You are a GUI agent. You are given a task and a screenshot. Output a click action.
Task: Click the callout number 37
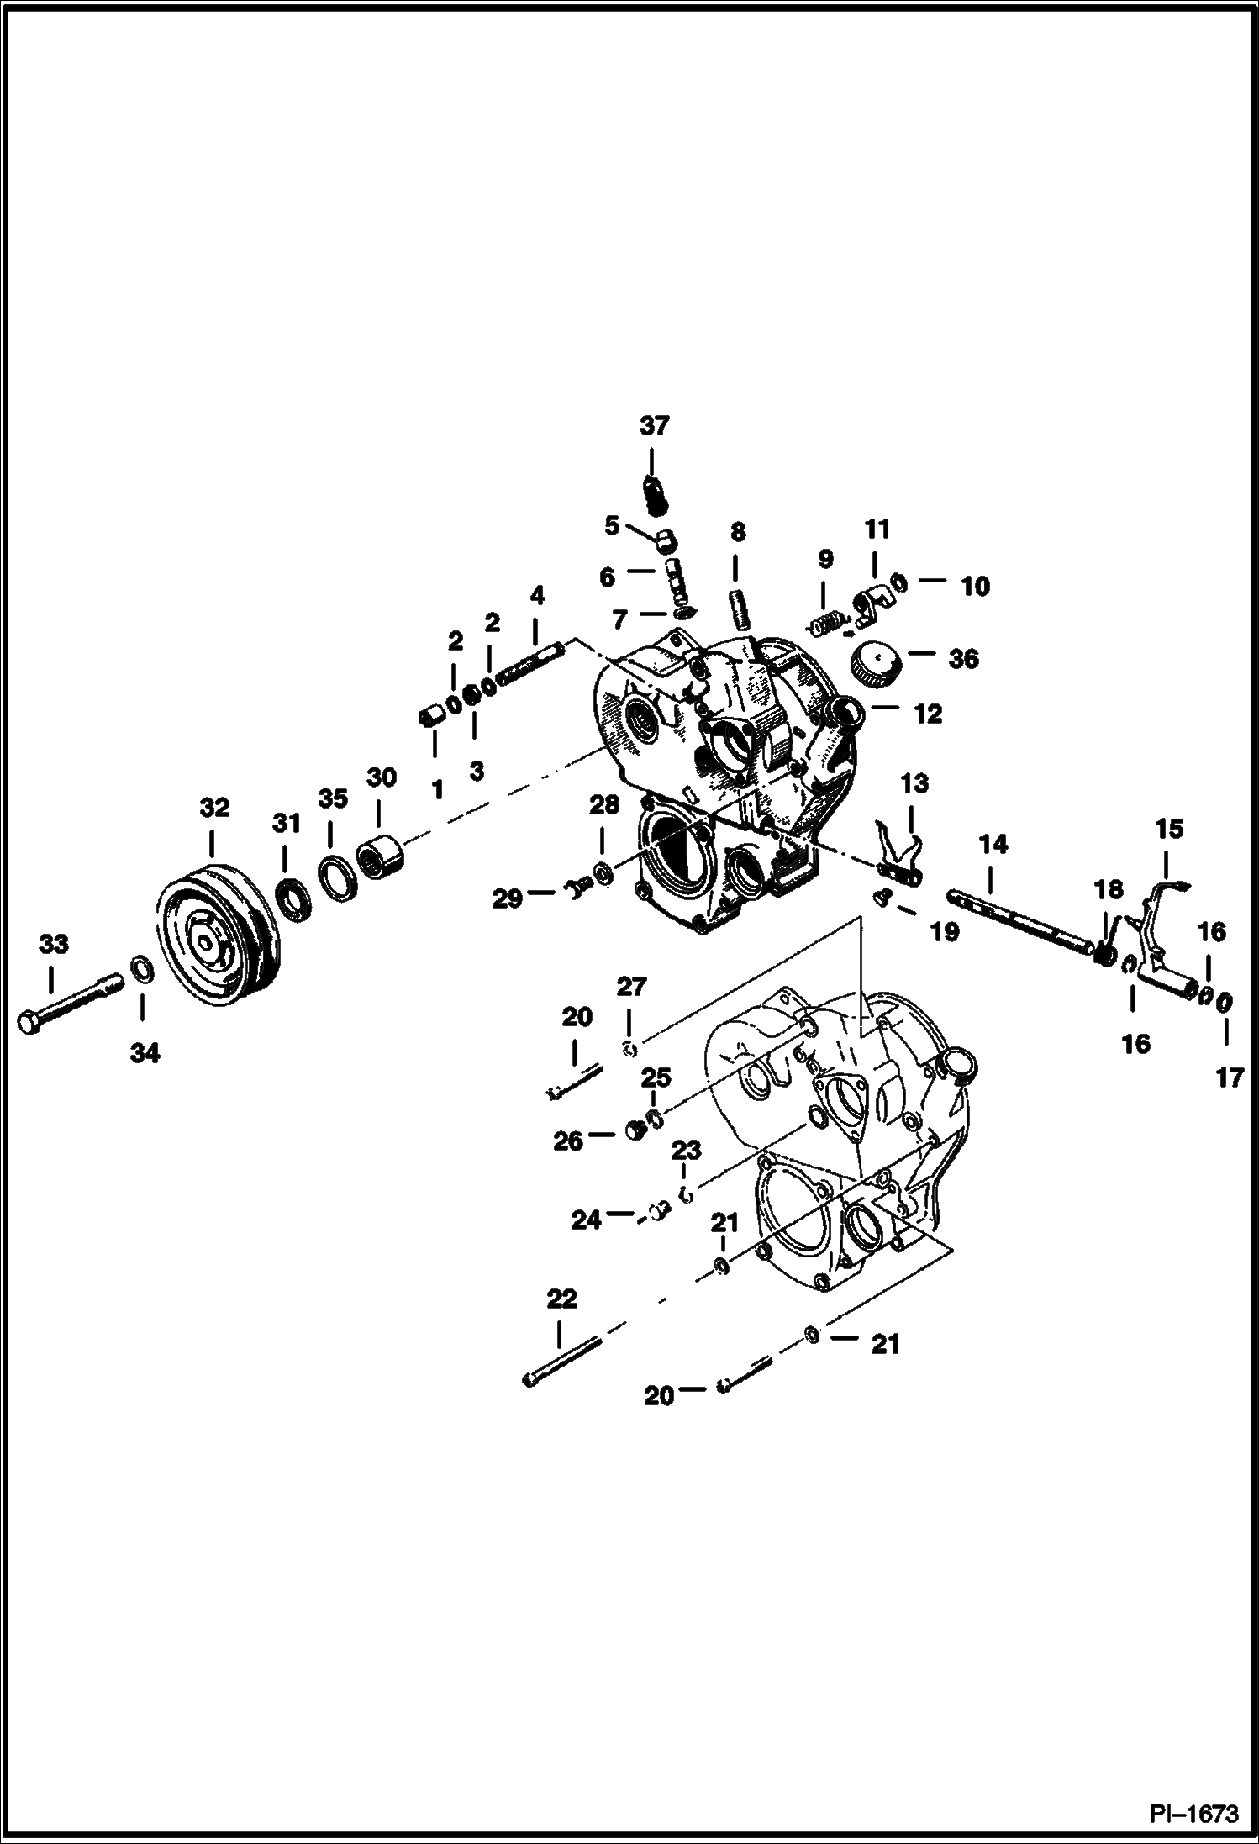654,426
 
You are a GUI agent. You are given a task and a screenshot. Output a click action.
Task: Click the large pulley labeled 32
215,933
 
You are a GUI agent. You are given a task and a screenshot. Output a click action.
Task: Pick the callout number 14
993,844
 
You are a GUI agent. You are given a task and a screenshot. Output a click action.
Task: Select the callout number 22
561,1299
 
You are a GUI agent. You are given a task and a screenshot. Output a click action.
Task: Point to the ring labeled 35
337,879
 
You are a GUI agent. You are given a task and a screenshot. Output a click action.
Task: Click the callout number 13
914,783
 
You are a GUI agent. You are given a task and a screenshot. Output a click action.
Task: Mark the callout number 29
507,898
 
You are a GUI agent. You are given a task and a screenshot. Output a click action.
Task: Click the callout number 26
568,1141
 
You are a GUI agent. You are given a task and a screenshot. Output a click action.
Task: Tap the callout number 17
1229,1077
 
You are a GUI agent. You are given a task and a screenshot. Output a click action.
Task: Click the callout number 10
975,586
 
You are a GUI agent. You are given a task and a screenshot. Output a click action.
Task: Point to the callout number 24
586,1219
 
